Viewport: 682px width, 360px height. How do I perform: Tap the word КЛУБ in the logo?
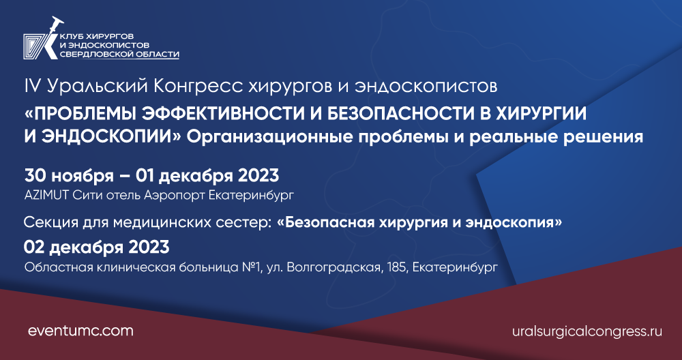(71, 34)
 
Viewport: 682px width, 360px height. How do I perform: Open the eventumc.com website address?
(80, 331)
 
